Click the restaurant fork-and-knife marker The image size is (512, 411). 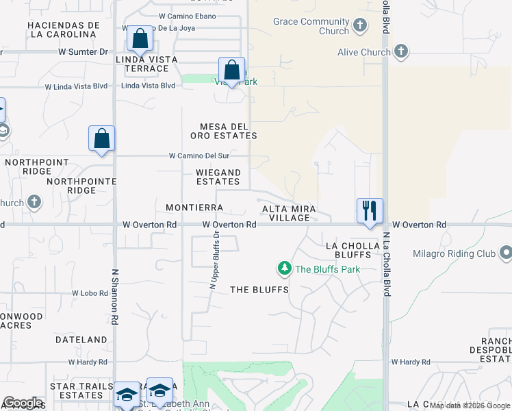coord(370,210)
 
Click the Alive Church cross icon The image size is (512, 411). coord(400,52)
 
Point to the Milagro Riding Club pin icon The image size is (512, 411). coord(506,254)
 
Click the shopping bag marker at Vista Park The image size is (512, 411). coord(232,70)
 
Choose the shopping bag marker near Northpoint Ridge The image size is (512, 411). coord(102,138)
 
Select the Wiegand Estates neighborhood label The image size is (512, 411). coord(218,177)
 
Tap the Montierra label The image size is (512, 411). coord(194,207)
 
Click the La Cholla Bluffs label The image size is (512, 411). coord(353,249)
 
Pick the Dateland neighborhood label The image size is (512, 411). coord(81,339)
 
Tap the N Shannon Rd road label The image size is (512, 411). coord(115,296)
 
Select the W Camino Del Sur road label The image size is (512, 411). coord(203,155)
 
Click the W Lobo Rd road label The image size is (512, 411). coord(90,292)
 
